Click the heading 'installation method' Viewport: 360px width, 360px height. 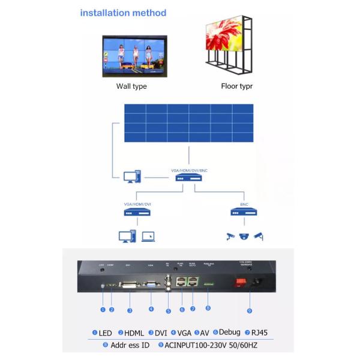click(123, 13)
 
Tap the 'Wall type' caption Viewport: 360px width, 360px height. click(131, 86)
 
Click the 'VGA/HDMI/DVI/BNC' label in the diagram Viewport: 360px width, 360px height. click(189, 170)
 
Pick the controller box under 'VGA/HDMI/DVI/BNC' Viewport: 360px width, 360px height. click(188, 179)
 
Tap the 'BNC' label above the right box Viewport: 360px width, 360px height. click(244, 204)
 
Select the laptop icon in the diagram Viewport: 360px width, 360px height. click(149, 236)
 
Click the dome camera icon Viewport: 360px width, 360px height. click(243, 236)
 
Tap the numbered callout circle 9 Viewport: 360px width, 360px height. click(249, 310)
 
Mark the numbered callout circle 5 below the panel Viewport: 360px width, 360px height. click(168, 310)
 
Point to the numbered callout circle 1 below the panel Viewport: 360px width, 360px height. click(103, 309)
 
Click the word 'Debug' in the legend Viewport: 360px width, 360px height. click(230, 332)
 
